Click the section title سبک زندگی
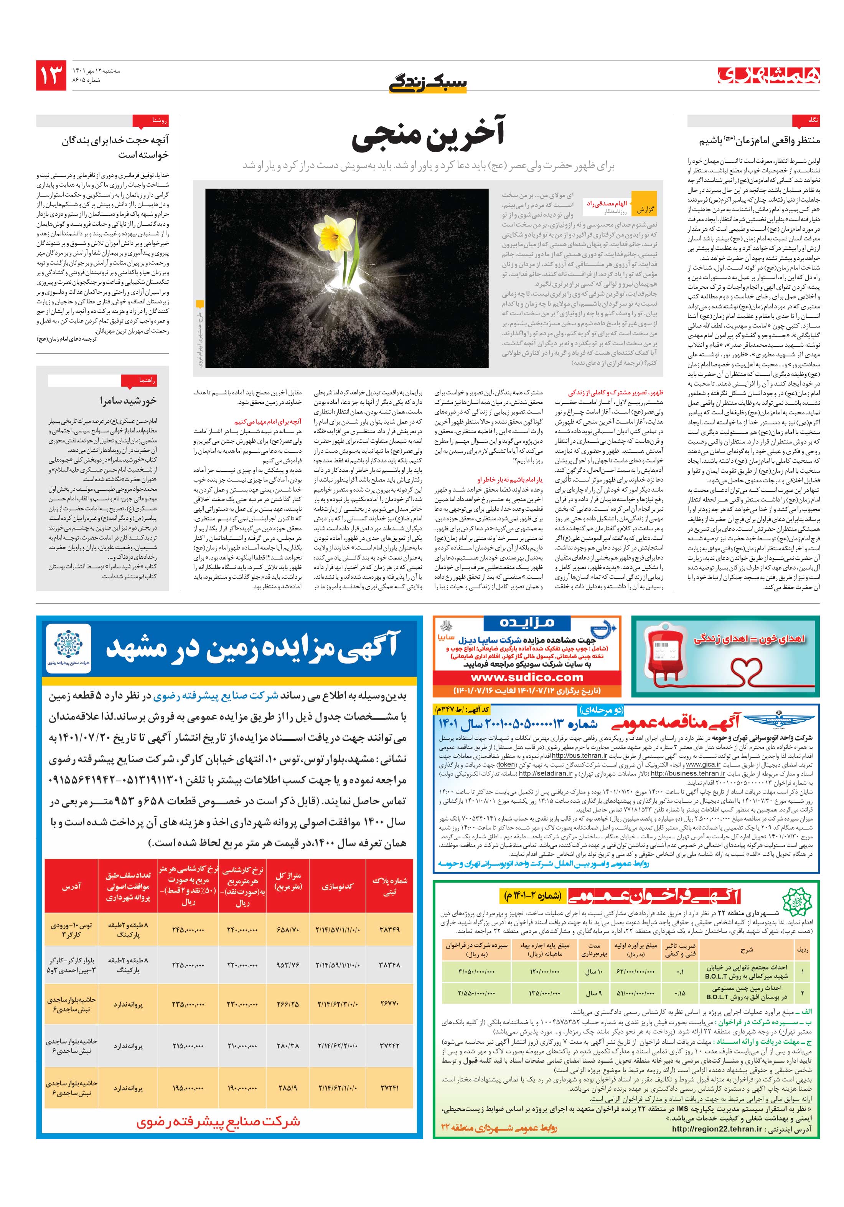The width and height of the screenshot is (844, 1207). pyautogui.click(x=427, y=83)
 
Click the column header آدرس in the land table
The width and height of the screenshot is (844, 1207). pyautogui.click(x=71, y=886)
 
